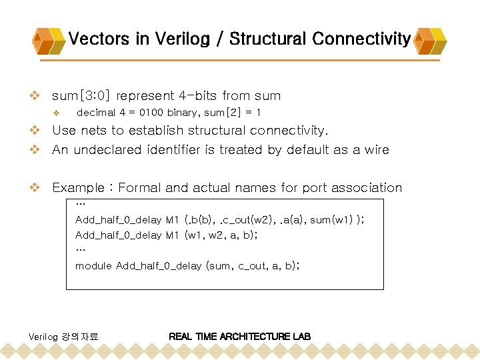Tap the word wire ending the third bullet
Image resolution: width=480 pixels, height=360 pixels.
tap(375, 150)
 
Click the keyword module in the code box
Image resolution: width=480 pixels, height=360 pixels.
tap(93, 265)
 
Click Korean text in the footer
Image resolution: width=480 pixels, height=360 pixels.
tap(80, 337)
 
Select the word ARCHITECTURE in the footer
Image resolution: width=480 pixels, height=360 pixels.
tap(256, 337)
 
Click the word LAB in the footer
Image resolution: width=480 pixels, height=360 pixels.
tap(301, 337)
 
